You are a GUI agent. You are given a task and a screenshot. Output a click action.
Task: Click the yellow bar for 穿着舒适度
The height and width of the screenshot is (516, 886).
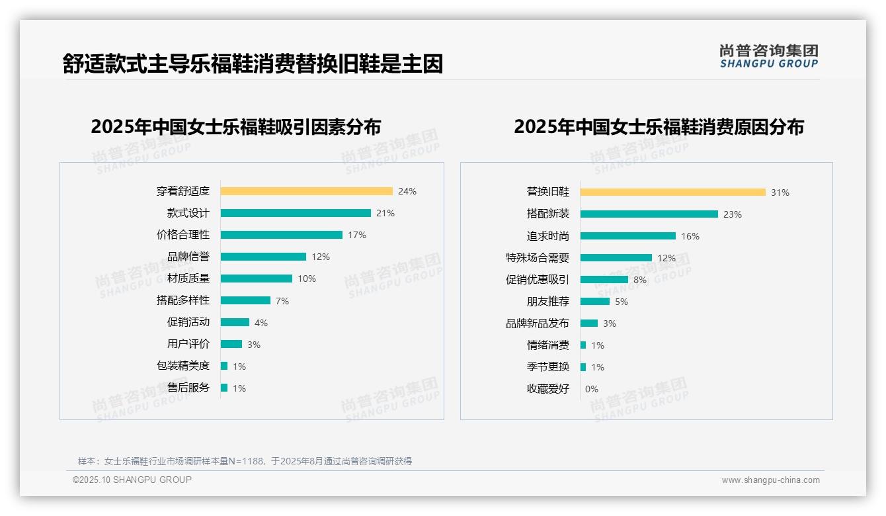tap(306, 191)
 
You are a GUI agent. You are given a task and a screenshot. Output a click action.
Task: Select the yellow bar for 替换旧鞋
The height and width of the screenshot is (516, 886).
tap(672, 193)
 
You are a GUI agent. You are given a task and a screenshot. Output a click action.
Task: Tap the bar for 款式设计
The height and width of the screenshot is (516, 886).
tap(296, 213)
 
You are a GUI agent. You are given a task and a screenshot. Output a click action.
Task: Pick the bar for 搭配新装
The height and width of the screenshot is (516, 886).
tap(649, 214)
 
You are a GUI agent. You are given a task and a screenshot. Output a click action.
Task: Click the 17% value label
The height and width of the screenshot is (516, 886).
tap(357, 235)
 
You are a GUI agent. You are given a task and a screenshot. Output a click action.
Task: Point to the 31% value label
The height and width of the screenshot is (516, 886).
tap(780, 193)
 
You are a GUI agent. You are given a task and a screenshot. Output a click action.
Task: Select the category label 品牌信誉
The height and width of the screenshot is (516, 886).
tap(188, 257)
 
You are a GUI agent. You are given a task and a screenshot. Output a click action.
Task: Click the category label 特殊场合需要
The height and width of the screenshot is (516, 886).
tap(537, 258)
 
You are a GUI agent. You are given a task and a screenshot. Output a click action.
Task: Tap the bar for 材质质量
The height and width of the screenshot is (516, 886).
tap(256, 279)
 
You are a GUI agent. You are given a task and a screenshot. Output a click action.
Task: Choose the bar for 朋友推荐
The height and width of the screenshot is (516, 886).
tap(594, 302)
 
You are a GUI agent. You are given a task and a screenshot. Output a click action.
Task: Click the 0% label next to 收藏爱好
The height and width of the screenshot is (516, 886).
tap(591, 389)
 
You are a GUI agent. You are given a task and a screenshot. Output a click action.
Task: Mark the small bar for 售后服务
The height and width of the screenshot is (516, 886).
tap(224, 388)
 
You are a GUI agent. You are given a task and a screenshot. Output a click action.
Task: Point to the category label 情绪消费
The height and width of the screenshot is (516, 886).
tap(547, 345)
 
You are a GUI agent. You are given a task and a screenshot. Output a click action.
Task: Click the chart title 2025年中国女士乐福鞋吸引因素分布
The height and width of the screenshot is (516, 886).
tap(235, 126)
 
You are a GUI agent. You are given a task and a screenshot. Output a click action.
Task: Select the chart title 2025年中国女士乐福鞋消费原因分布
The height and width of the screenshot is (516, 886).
tap(659, 126)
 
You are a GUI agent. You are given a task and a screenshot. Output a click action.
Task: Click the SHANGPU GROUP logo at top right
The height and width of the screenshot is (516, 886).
tap(768, 56)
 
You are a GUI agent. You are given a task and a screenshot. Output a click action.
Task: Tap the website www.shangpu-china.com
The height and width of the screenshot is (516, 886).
tap(770, 480)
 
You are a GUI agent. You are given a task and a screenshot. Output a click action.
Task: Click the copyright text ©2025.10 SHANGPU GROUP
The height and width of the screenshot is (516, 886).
tap(132, 480)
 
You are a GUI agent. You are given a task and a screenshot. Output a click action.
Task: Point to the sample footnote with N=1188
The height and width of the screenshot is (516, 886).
tap(245, 461)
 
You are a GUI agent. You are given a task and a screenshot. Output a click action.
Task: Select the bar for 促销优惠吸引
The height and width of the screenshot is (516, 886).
tap(604, 280)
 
